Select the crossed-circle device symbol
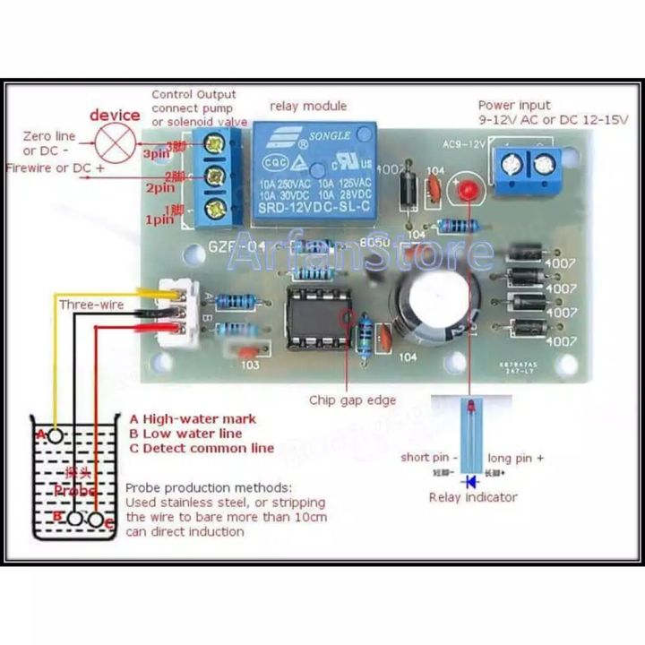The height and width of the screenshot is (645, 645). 115,142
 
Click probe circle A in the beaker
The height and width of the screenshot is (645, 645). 56,436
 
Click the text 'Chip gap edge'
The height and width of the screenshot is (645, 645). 352,400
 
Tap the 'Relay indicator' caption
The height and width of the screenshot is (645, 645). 473,497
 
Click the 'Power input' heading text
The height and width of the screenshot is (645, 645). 514,105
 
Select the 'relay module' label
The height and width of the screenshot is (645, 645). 308,106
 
